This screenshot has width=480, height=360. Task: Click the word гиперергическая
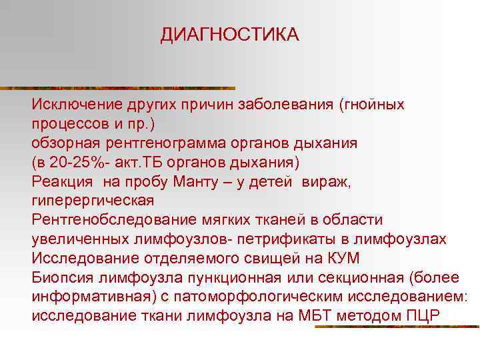pos(93,201)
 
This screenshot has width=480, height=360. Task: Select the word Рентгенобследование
pos(111,220)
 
